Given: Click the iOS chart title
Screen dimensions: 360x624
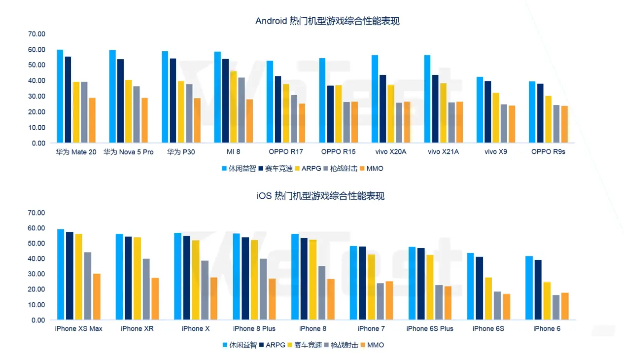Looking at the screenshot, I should click(320, 196).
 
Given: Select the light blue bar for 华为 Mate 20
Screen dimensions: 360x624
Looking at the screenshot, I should click(60, 96).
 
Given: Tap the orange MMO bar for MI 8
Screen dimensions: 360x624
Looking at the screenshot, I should click(249, 121).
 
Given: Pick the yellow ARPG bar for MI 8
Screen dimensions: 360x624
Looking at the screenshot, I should click(234, 107).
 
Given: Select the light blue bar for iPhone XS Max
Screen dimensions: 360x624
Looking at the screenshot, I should click(61, 275).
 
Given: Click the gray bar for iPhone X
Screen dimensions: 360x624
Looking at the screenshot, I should click(205, 290).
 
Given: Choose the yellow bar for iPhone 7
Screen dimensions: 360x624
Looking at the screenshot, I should click(371, 287).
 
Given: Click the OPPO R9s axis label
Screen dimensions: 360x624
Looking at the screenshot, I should click(548, 152).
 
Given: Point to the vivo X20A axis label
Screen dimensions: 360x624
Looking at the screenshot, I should click(391, 152).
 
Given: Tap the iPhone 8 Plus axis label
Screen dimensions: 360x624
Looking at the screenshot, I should click(254, 328).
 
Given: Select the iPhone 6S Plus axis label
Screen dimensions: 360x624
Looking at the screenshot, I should click(430, 328).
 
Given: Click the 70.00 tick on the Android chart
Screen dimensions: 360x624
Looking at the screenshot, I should click(37, 34).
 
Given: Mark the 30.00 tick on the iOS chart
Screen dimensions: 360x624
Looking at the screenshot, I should click(37, 274).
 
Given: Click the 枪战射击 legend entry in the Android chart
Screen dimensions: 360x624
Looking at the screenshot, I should click(341, 168).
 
